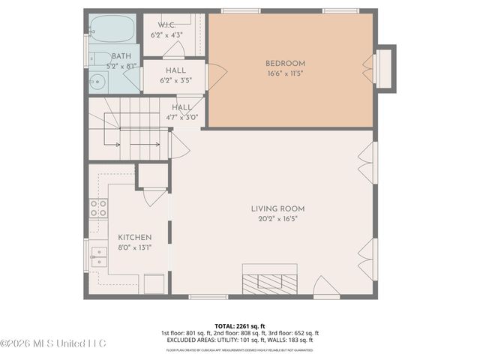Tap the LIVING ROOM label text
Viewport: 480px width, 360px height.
pos(277,208)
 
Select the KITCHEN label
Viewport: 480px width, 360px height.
pos(134,237)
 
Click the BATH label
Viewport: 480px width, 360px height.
pos(121,56)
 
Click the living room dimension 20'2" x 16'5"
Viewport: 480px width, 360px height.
pos(277,220)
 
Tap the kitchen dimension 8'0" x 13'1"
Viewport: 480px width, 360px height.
pos(134,247)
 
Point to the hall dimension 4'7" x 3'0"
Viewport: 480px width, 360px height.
pos(180,117)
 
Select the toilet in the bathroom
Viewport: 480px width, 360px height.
pos(98,58)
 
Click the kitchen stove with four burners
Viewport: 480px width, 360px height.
pos(98,208)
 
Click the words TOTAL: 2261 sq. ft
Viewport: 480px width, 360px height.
pos(239,326)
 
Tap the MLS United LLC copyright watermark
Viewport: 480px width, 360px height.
pos(53,343)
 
